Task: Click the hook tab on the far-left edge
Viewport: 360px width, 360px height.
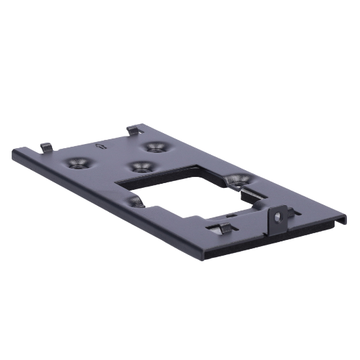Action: [46, 146]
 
